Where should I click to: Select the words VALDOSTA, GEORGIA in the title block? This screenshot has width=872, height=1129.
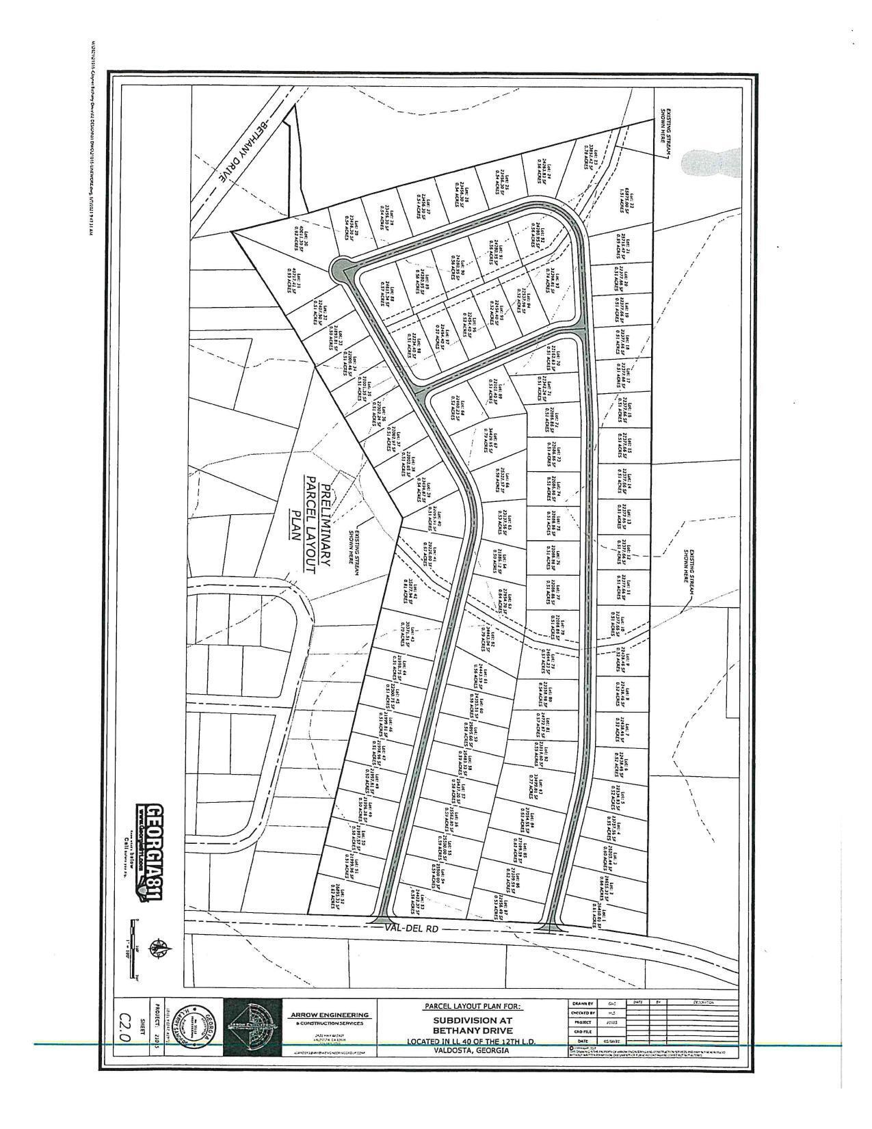(473, 1051)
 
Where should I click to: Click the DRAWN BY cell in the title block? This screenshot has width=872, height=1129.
(582, 1004)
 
